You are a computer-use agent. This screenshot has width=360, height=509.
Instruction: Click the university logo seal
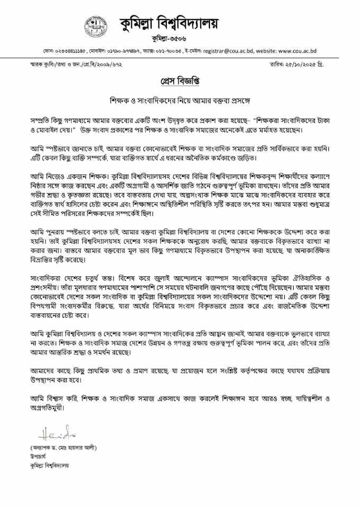click(96, 23)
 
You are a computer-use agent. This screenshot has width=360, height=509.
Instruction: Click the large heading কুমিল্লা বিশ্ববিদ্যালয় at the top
click(169, 23)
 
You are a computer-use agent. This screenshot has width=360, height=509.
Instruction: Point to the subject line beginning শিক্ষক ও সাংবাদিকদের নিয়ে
click(179, 99)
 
